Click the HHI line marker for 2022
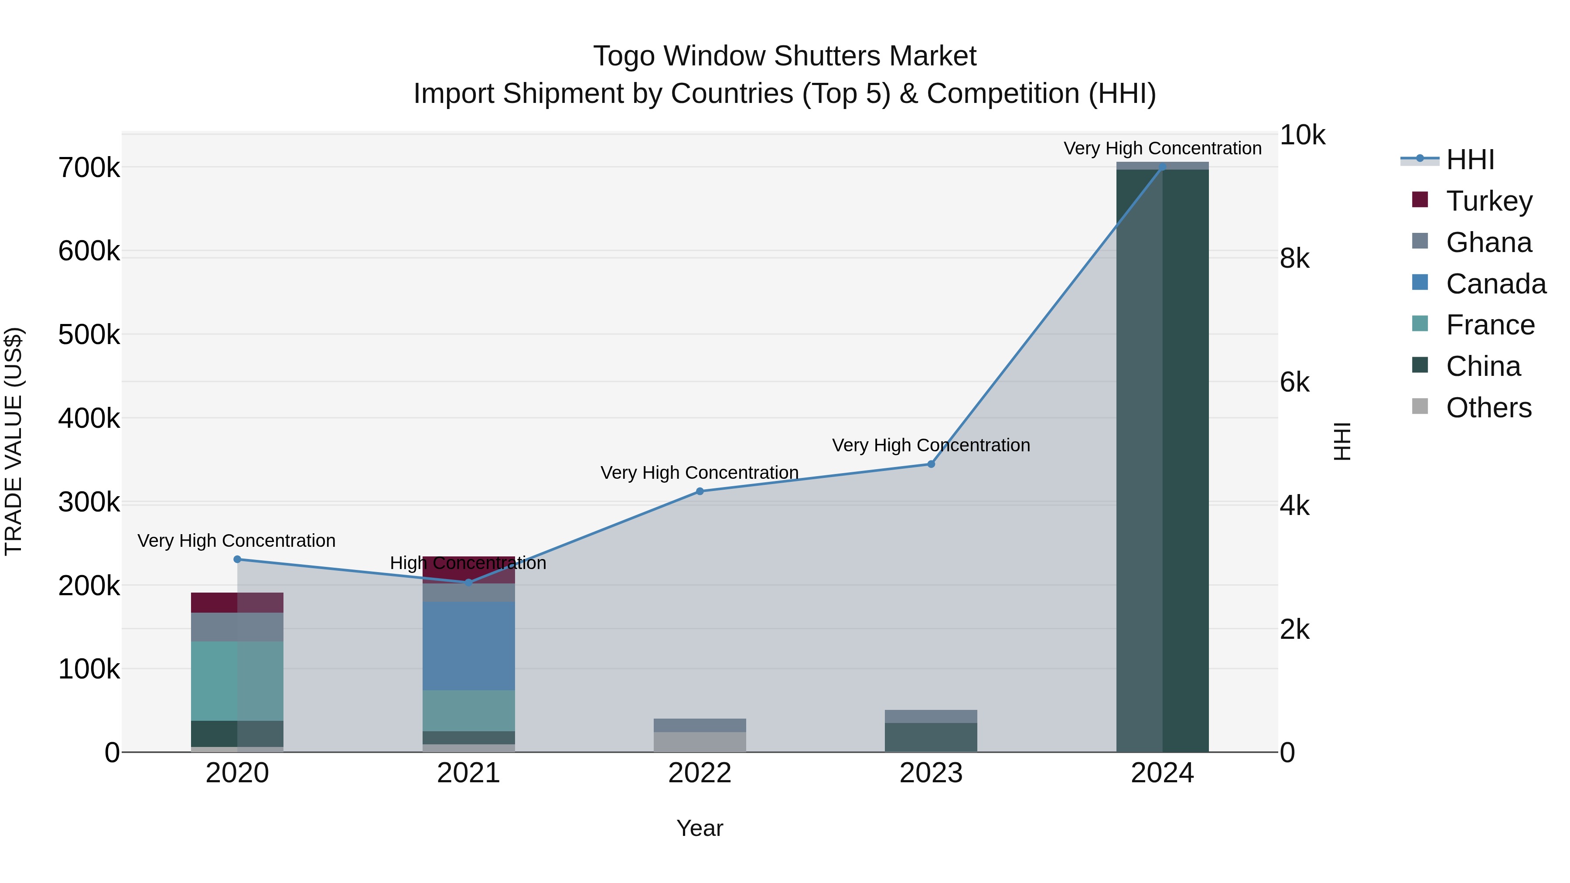pyautogui.click(x=700, y=491)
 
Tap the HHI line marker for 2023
pyautogui.click(x=931, y=464)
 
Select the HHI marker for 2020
pyautogui.click(x=237, y=559)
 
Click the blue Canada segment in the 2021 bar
pyautogui.click(x=469, y=646)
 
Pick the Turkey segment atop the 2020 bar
pyautogui.click(x=237, y=602)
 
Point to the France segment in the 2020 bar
pyautogui.click(x=237, y=681)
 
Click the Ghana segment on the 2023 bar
pyautogui.click(x=931, y=716)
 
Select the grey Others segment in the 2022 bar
pyautogui.click(x=700, y=742)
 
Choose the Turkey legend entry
pyautogui.click(x=1488, y=201)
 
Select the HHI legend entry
pyautogui.click(x=1469, y=160)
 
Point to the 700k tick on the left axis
pyautogui.click(x=89, y=168)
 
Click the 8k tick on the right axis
pyautogui.click(x=1294, y=259)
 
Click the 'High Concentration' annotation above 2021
pyautogui.click(x=468, y=563)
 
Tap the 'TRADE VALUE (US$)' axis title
pyautogui.click(x=14, y=441)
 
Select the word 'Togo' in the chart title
pyautogui.click(x=624, y=57)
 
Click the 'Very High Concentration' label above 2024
pyautogui.click(x=1162, y=149)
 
